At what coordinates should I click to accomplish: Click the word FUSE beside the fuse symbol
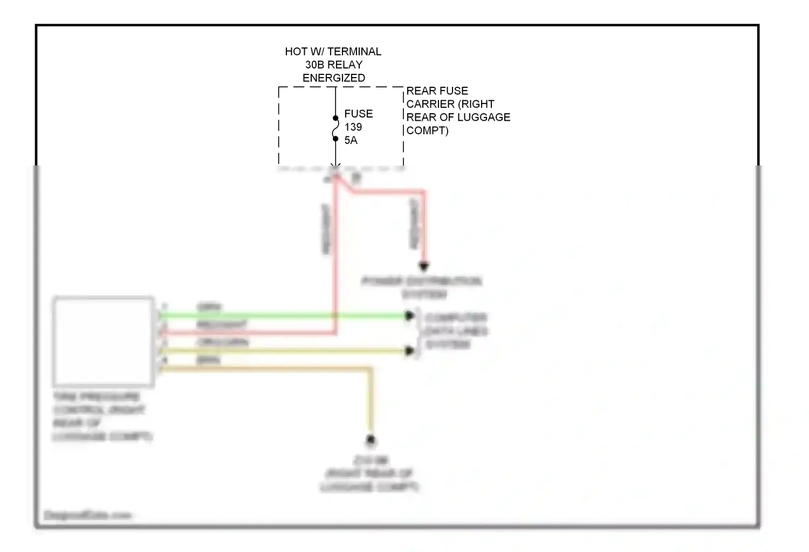pyautogui.click(x=359, y=114)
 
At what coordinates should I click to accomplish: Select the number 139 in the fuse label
pyautogui.click(x=353, y=127)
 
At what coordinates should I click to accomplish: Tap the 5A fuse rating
pyautogui.click(x=351, y=140)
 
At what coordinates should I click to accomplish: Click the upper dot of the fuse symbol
pyautogui.click(x=335, y=118)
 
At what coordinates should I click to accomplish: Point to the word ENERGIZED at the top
pyautogui.click(x=333, y=78)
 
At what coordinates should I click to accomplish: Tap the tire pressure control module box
pyautogui.click(x=103, y=341)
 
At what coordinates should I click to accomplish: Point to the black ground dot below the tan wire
pyautogui.click(x=371, y=440)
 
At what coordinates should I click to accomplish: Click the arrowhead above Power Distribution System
pyautogui.click(x=424, y=266)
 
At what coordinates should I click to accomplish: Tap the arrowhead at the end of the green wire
pyautogui.click(x=410, y=316)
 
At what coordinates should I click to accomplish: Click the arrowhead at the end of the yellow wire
pyautogui.click(x=410, y=351)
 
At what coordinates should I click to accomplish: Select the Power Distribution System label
pyautogui.click(x=422, y=288)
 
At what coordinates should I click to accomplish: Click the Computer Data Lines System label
pyautogui.click(x=456, y=330)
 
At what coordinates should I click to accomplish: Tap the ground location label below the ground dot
pyautogui.click(x=370, y=474)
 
